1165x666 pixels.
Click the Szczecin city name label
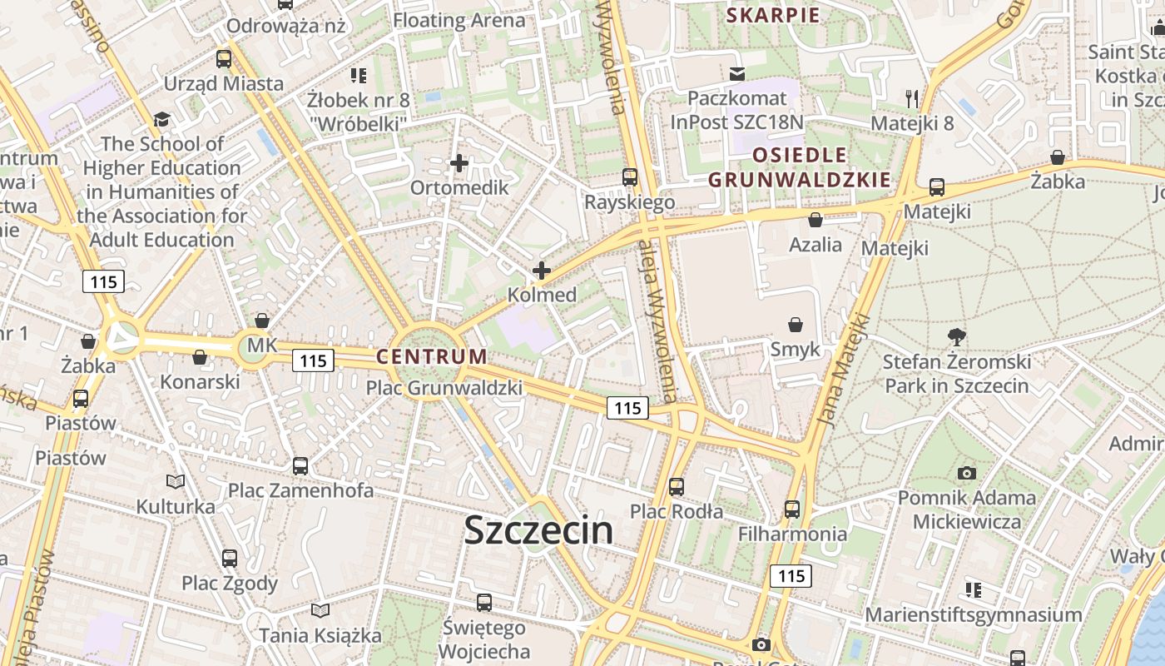click(x=538, y=529)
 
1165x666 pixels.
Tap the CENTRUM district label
click(x=432, y=356)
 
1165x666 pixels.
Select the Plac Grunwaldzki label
click(x=444, y=388)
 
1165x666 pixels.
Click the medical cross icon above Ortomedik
click(x=459, y=163)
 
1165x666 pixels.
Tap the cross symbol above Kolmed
click(x=542, y=271)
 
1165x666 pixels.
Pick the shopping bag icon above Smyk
click(x=796, y=325)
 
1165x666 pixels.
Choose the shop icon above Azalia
click(x=815, y=221)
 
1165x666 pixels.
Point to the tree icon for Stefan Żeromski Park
click(x=957, y=337)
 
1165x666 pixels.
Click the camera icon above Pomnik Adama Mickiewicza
click(x=966, y=474)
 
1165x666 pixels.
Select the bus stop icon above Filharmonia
click(x=792, y=509)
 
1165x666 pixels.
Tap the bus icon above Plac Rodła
click(x=677, y=486)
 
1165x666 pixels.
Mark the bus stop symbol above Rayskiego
click(x=630, y=177)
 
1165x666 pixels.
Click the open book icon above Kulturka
click(x=176, y=481)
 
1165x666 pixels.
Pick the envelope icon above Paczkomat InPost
click(x=737, y=74)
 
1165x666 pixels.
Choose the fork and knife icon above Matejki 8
click(x=912, y=99)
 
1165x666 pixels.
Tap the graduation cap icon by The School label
click(x=161, y=120)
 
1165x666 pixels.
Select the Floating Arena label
click(x=459, y=21)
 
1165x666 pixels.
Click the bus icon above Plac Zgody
click(x=230, y=558)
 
